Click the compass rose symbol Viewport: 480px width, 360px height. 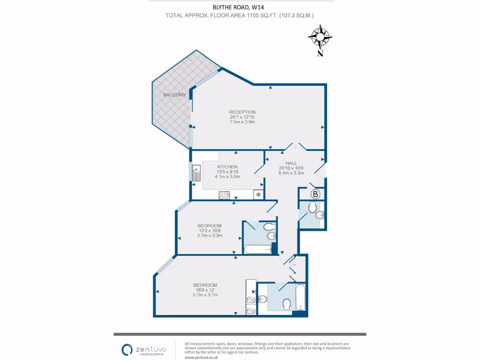(x=320, y=37)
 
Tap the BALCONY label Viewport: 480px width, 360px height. (x=174, y=95)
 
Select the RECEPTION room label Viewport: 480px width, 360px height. (x=242, y=112)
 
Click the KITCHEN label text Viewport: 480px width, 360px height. (x=227, y=167)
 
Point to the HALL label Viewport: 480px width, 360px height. (x=291, y=163)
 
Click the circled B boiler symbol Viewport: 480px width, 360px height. (x=315, y=194)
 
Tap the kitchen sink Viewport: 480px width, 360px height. (x=196, y=173)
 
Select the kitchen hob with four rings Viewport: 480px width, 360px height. (x=225, y=195)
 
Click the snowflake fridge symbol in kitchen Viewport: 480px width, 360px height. (x=258, y=195)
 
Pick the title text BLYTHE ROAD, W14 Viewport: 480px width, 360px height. (x=238, y=7)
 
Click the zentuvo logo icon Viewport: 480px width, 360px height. (x=127, y=350)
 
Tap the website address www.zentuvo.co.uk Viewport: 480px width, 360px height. (x=202, y=357)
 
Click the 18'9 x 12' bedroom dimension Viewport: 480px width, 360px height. (x=205, y=290)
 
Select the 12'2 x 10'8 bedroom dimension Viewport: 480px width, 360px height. (x=210, y=231)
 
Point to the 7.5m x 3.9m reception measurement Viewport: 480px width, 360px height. (x=242, y=122)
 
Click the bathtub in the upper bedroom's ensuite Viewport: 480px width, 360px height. (x=258, y=249)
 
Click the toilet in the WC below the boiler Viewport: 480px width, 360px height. (x=312, y=207)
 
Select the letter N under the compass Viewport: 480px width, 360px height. (x=320, y=53)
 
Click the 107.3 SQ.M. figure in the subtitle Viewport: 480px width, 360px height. (x=296, y=15)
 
